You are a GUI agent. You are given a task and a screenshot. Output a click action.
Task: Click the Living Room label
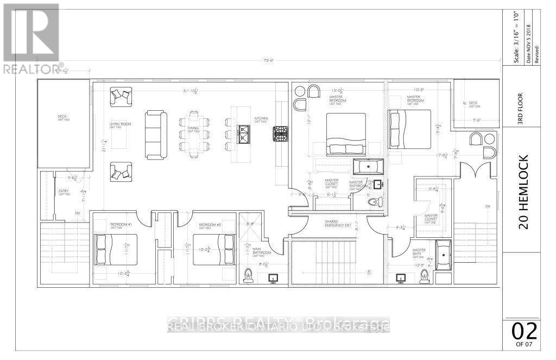120,125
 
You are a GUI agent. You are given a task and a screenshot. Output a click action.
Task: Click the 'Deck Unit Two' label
63,117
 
